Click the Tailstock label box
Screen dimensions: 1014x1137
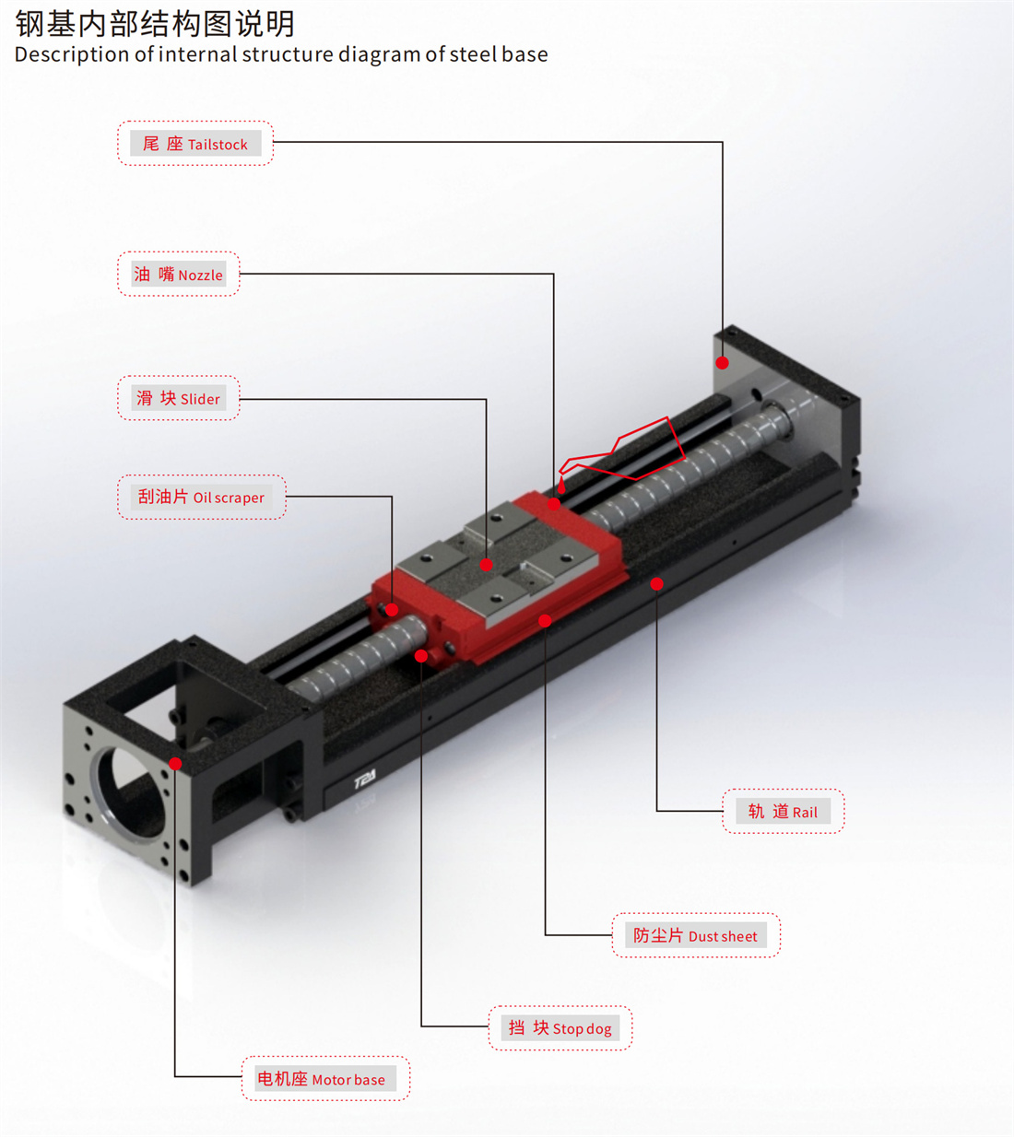click(x=195, y=143)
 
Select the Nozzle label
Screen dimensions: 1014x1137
click(x=179, y=274)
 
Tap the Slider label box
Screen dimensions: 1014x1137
click(x=179, y=398)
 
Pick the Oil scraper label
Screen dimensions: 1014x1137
click(x=202, y=497)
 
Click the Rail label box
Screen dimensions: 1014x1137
click(x=784, y=811)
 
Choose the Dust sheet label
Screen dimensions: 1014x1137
click(x=696, y=935)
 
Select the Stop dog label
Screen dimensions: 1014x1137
click(x=560, y=1027)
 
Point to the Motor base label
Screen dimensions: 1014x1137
click(x=325, y=1078)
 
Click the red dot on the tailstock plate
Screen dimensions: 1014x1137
click(x=723, y=363)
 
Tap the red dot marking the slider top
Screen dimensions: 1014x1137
click(x=486, y=565)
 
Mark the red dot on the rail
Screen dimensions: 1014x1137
click(x=656, y=584)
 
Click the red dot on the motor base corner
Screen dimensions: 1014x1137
click(x=175, y=764)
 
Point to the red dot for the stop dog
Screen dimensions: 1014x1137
click(x=421, y=655)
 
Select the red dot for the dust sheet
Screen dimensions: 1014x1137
click(x=545, y=621)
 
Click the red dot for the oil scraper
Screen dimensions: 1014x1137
click(x=392, y=610)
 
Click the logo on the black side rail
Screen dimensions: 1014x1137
click(x=365, y=779)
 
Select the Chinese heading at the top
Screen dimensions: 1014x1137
click(x=155, y=24)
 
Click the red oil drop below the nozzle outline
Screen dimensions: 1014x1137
click(x=560, y=486)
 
